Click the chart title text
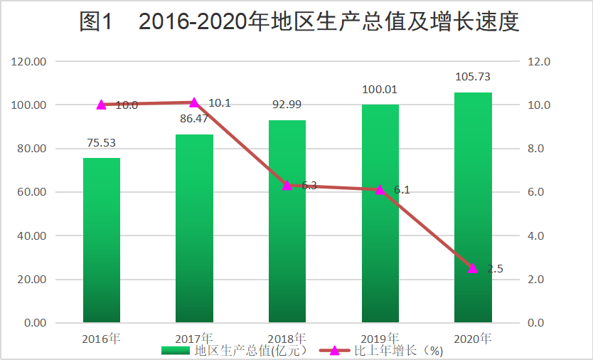[299, 21]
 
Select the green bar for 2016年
[102, 240]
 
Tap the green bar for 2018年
[287, 221]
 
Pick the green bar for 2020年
[473, 208]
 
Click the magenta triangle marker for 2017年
[194, 102]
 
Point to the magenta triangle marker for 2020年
[473, 268]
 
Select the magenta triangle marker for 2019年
[380, 190]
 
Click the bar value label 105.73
[473, 77]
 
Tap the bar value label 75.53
[102, 143]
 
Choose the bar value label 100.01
[380, 90]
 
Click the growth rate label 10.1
[220, 103]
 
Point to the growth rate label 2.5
[495, 269]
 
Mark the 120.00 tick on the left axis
[28, 61]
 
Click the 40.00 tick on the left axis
[32, 235]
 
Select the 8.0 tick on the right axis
[536, 149]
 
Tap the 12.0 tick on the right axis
[539, 61]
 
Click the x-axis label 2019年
[380, 339]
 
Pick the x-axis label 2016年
[101, 339]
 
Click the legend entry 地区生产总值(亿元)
[235, 351]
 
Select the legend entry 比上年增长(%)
[381, 351]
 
